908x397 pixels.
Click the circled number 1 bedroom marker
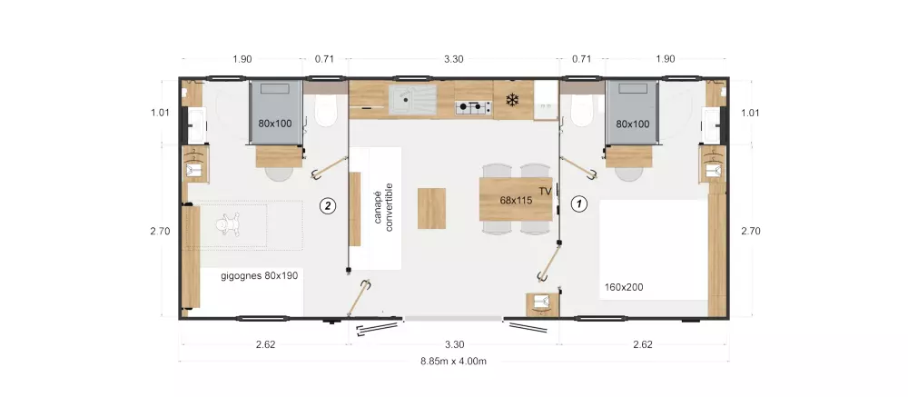579,204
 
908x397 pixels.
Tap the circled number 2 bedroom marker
328,205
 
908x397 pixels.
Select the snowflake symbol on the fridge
512,100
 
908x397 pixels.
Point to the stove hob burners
473,107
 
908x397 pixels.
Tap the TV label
545,192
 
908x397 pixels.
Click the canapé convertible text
383,207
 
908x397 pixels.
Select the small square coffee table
431,209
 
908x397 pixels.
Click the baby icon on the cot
227,224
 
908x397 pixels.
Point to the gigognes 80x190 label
260,276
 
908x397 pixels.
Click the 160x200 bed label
624,287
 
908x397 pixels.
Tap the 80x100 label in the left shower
275,124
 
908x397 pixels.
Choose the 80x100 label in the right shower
632,124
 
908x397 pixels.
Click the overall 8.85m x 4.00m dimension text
453,361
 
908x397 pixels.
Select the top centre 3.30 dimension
453,58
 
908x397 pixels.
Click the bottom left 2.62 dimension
265,344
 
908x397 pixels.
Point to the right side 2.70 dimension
751,231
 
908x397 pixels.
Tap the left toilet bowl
326,111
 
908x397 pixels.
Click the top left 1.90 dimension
242,58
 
